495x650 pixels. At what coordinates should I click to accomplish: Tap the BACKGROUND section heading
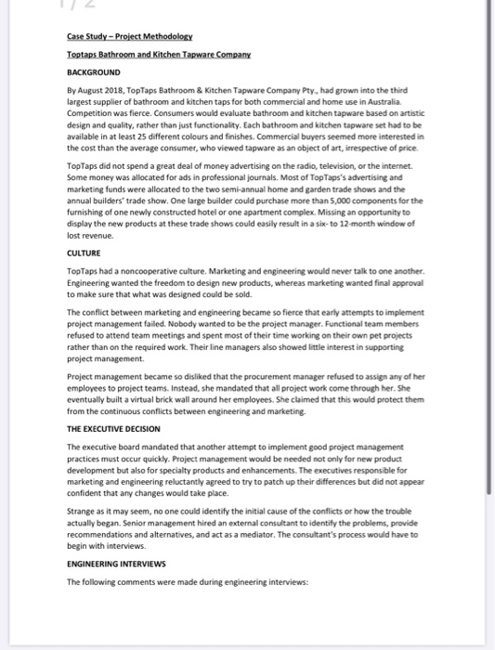click(93, 71)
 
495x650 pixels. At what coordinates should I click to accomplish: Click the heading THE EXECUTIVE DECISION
click(113, 429)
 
